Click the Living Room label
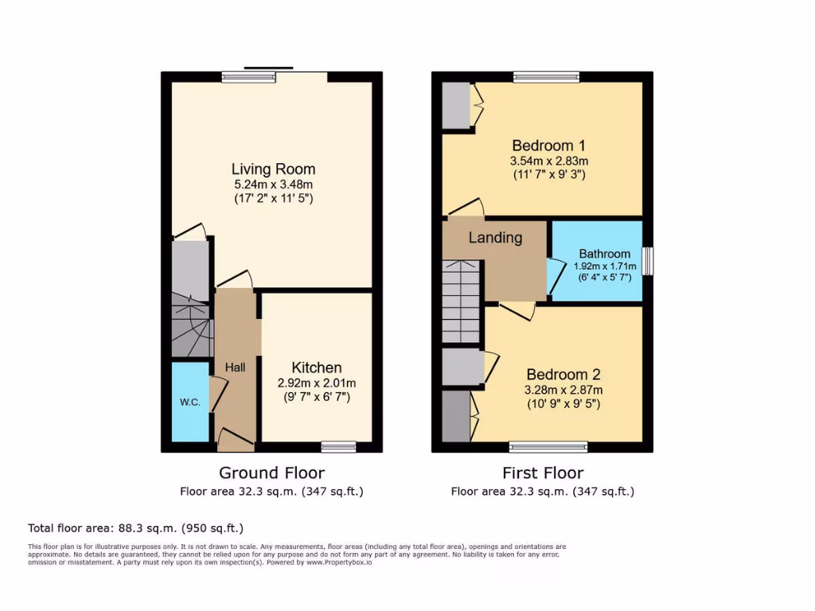pyautogui.click(x=273, y=169)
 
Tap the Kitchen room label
pyautogui.click(x=317, y=368)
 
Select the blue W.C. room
pyautogui.click(x=190, y=402)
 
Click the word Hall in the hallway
pyautogui.click(x=235, y=368)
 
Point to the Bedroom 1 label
pyautogui.click(x=548, y=146)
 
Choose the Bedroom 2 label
pyautogui.click(x=563, y=375)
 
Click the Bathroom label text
pyautogui.click(x=604, y=254)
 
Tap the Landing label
pyautogui.click(x=495, y=237)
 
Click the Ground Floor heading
pyautogui.click(x=271, y=473)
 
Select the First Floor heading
pyautogui.click(x=543, y=473)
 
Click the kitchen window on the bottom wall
pyautogui.click(x=338, y=447)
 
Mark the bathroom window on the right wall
pyautogui.click(x=647, y=261)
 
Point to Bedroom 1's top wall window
pyautogui.click(x=546, y=77)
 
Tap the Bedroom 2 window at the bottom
pyautogui.click(x=548, y=447)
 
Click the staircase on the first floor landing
pyautogui.click(x=461, y=302)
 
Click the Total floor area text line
pyautogui.click(x=135, y=527)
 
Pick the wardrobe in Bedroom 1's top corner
pyautogui.click(x=457, y=105)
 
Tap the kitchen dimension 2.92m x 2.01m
pyautogui.click(x=317, y=383)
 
